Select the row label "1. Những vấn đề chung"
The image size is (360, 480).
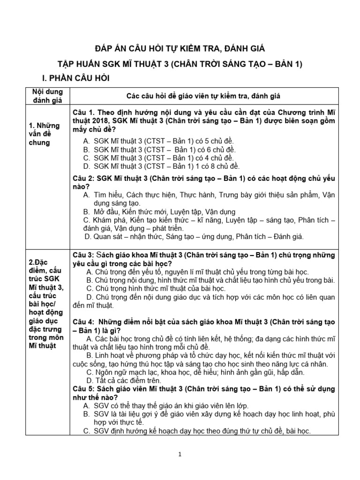pos(40,134)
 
